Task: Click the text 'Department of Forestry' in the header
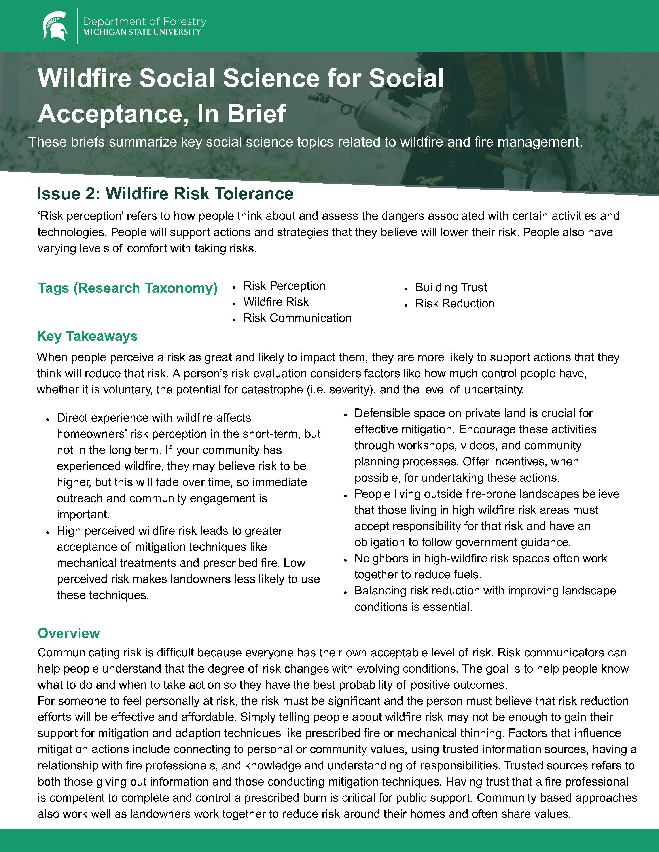click(144, 21)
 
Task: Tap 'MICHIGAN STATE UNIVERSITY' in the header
click(142, 32)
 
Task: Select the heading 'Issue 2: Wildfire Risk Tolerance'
click(165, 194)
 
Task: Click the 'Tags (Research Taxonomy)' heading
click(127, 288)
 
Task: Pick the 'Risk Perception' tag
click(284, 286)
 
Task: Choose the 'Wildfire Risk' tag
click(276, 302)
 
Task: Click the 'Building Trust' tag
click(451, 288)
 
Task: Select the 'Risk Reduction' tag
click(455, 303)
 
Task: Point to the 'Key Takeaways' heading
click(87, 336)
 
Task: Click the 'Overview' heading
click(69, 633)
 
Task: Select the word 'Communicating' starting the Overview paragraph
click(79, 653)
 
